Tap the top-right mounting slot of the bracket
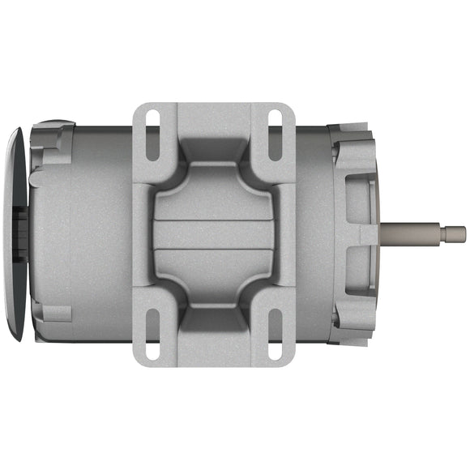275,130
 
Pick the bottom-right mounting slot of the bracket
275,335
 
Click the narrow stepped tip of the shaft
457,234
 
